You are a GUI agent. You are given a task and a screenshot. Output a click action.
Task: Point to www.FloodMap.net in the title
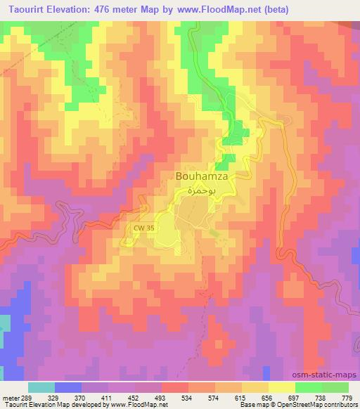(x=214, y=8)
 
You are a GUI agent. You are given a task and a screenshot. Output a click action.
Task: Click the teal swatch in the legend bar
(x=41, y=387)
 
